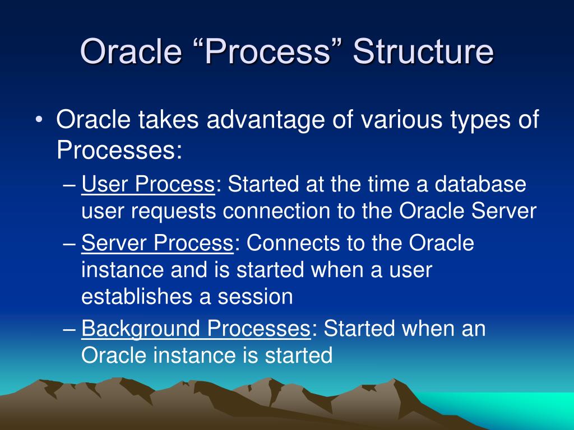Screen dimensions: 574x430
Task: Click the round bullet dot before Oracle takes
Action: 39,120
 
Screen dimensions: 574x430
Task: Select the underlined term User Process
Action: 148,184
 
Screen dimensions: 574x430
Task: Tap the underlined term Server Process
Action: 157,243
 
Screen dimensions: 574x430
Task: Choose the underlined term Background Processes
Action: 196,328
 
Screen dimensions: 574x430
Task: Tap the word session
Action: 256,297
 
